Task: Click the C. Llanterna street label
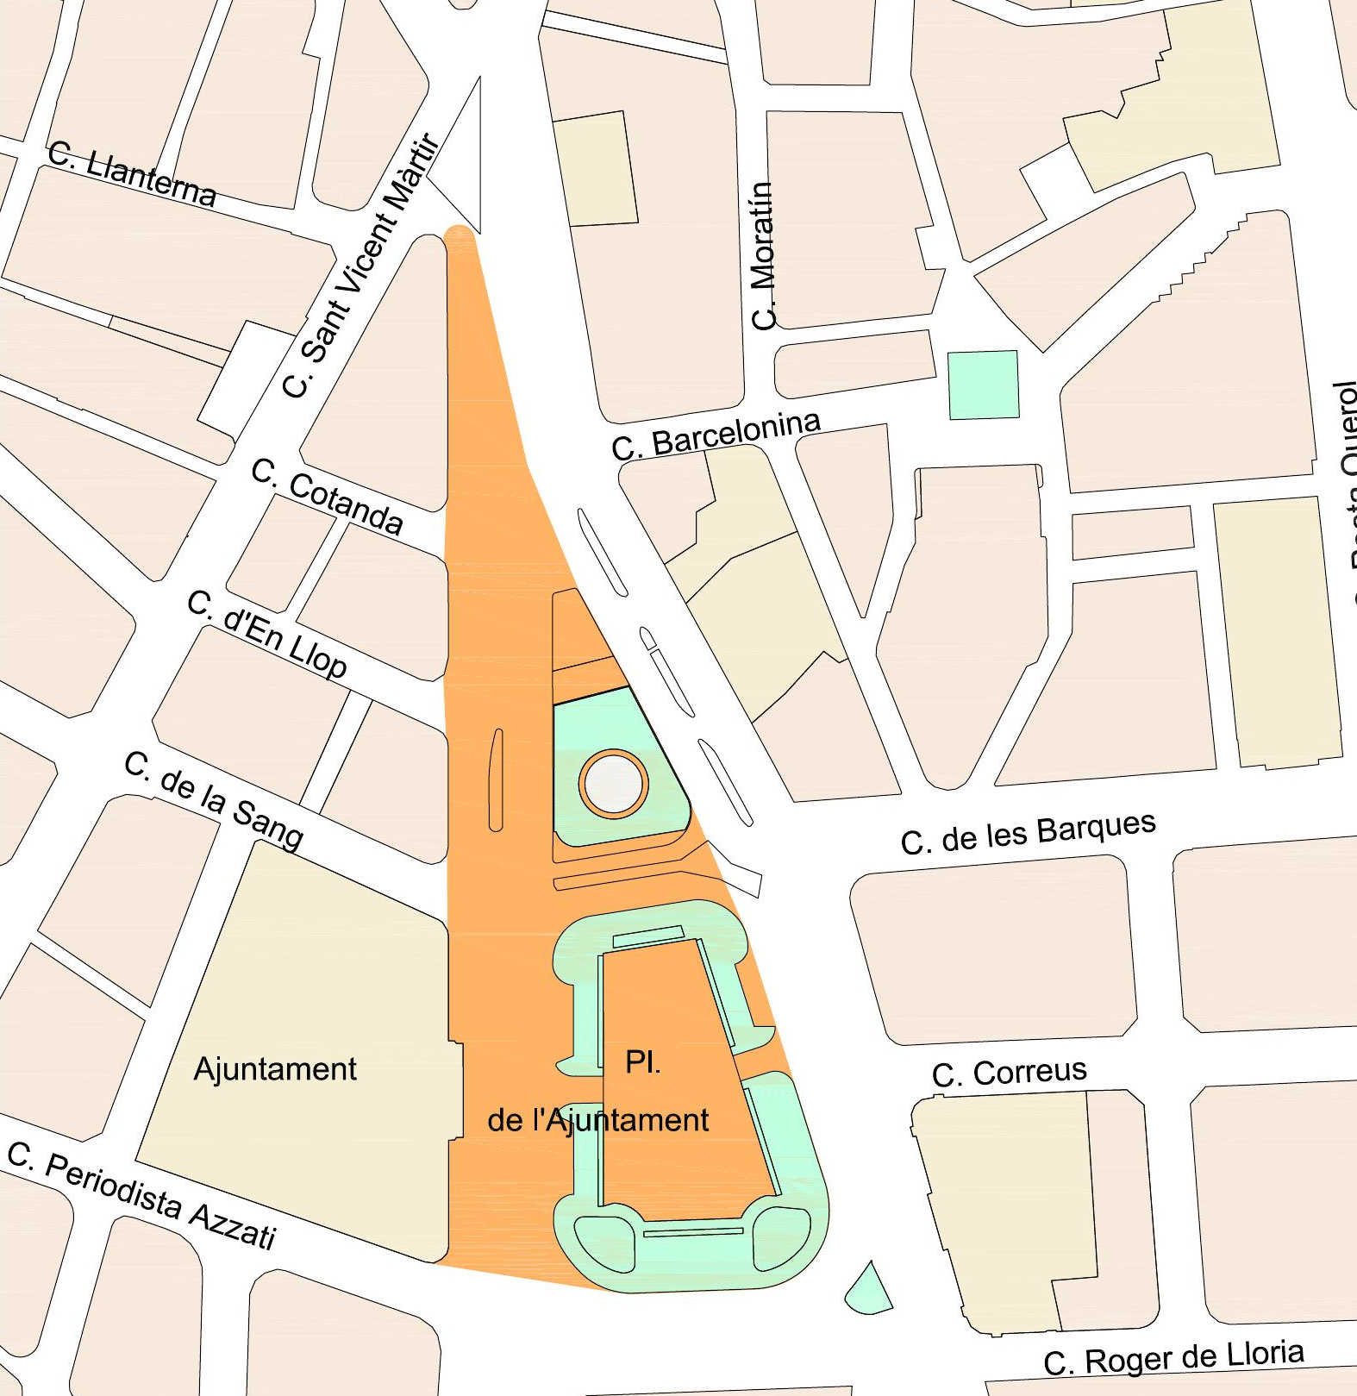coord(131,175)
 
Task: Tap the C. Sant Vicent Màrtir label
coord(361,267)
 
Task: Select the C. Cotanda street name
coord(327,497)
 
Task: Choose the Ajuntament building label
coord(275,1069)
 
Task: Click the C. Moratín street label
coord(764,256)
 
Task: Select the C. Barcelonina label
coord(716,435)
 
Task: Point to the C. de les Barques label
coord(1028,833)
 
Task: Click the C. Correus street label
coord(1009,1074)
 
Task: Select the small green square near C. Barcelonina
coord(983,385)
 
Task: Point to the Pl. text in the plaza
coord(642,1062)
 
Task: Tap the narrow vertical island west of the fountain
coord(496,779)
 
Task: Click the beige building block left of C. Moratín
coord(595,169)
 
